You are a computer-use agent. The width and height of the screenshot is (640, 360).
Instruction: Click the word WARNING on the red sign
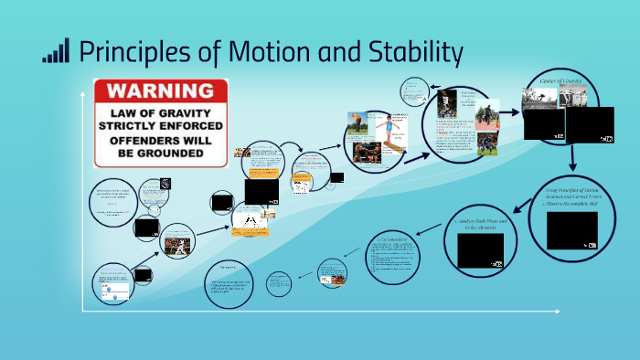point(161,91)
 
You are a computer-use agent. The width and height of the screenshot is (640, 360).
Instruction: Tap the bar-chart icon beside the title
point(56,51)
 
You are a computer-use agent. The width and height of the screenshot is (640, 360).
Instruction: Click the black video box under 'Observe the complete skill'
point(571,230)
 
